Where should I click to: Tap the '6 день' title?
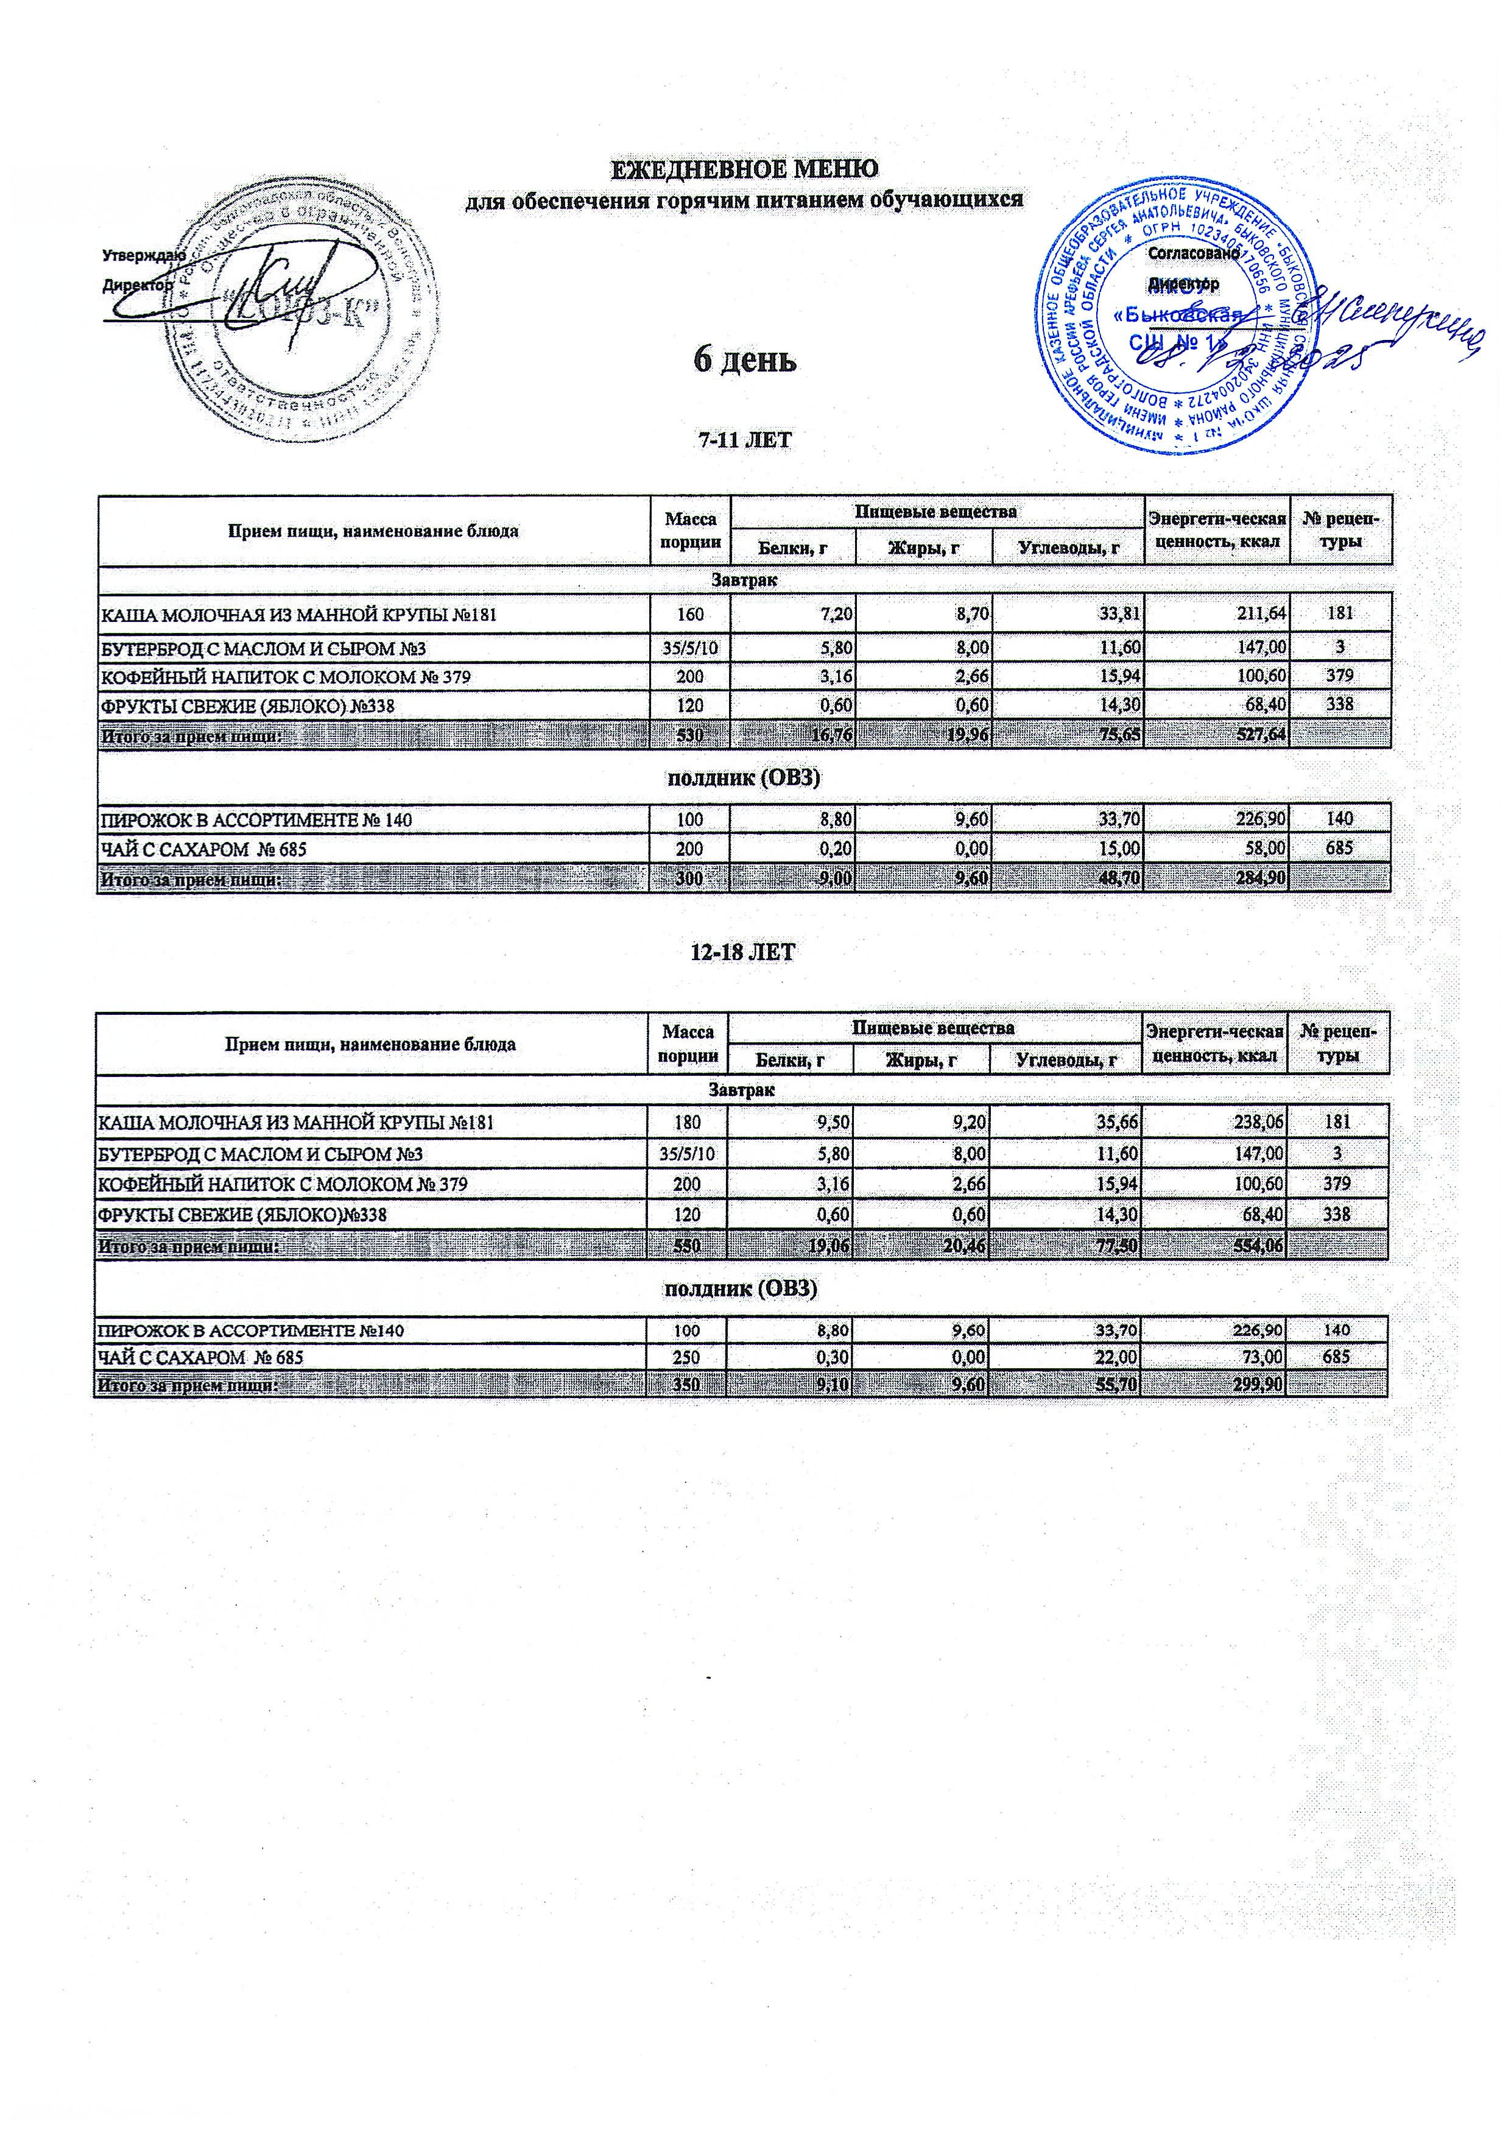click(744, 360)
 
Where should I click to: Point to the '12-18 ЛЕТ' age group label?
click(744, 952)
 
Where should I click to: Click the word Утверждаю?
click(143, 253)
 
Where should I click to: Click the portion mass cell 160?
click(691, 613)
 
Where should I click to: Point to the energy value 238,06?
click(1256, 1123)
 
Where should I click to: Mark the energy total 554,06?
click(1256, 1245)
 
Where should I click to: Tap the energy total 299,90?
click(1256, 1385)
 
